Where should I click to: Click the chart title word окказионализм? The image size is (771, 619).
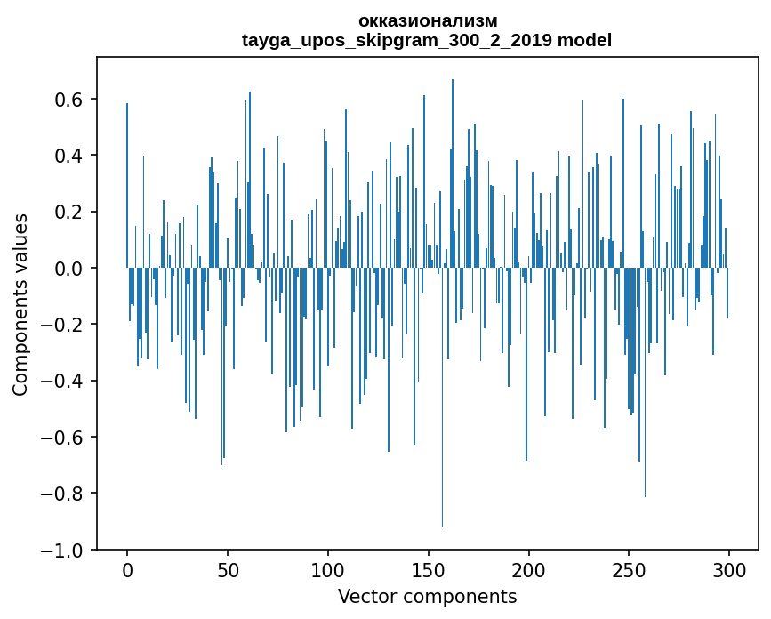[427, 20]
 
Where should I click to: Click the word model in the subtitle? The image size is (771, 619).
[584, 40]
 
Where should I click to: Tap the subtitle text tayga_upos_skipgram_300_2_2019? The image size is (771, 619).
[397, 40]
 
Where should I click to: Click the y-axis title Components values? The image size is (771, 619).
[20, 304]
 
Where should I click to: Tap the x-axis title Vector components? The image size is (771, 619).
[427, 596]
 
